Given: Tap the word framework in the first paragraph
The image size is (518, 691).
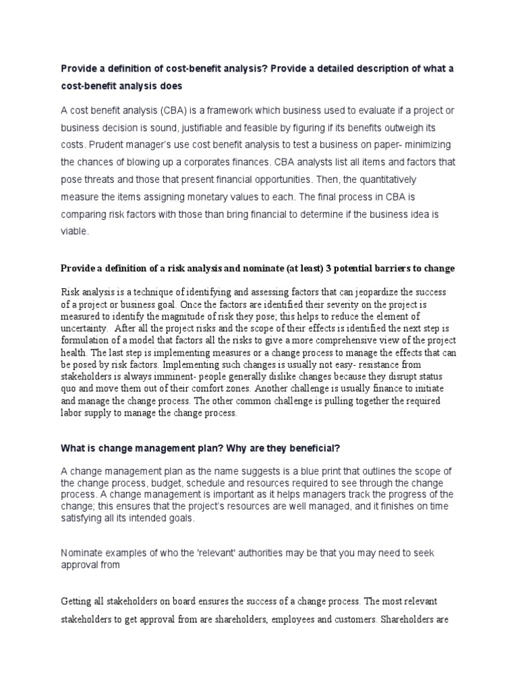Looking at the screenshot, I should (238, 111).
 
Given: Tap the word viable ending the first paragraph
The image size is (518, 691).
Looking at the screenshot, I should (74, 231).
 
